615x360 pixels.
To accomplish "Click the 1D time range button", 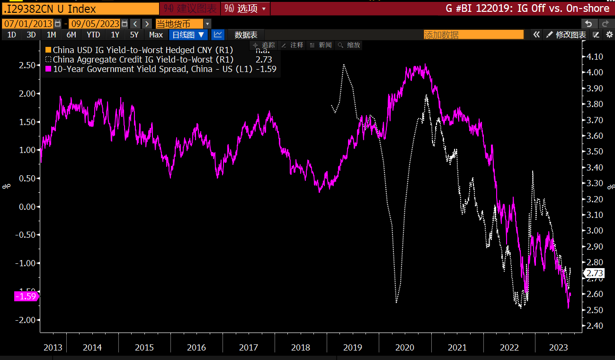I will [x=11, y=35].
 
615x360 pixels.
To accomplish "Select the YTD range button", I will [x=93, y=35].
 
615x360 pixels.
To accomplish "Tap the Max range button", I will [x=156, y=35].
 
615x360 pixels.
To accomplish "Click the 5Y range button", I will [x=134, y=35].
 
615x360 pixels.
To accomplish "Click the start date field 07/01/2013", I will [x=28, y=24].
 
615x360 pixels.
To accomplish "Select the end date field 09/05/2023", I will [x=94, y=24].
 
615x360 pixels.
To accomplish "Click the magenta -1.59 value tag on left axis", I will [x=26, y=297].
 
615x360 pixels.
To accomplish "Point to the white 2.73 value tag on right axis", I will [x=595, y=273].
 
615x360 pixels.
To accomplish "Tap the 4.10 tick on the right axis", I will [x=595, y=57].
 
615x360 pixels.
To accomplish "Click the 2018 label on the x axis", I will [x=301, y=348].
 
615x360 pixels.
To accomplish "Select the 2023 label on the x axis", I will [x=558, y=348].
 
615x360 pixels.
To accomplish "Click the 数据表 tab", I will [x=246, y=35].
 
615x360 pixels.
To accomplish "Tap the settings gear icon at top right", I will [x=609, y=35].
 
